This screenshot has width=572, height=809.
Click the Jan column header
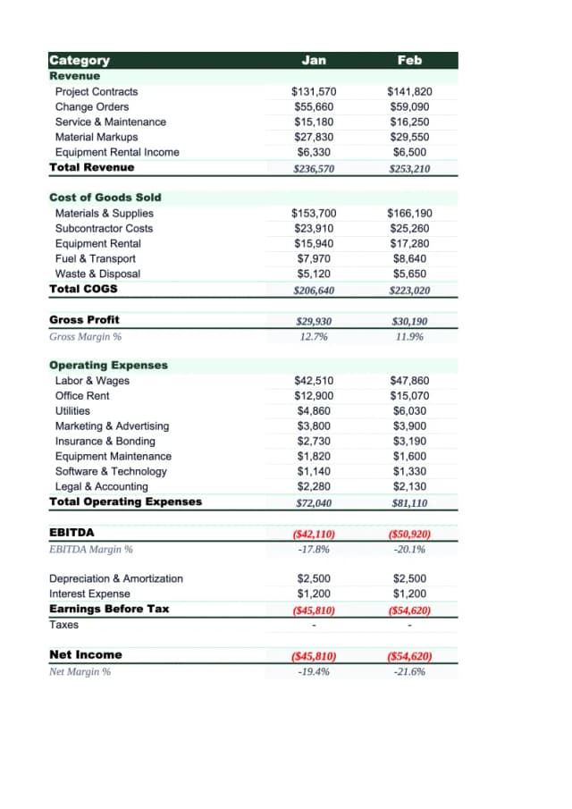[314, 60]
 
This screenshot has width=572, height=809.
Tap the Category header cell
[80, 60]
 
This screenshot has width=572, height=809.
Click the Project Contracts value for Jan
[314, 91]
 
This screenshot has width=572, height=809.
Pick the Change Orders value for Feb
[409, 106]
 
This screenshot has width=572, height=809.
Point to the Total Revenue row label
[92, 167]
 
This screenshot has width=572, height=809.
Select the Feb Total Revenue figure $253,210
[409, 168]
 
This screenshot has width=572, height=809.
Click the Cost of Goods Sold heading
[105, 198]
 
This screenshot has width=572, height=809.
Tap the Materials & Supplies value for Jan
[314, 213]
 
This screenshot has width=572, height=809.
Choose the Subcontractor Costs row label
[104, 228]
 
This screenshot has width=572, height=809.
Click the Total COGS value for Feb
[409, 290]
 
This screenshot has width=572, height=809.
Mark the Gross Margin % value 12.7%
[314, 336]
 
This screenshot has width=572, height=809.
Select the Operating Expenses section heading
[108, 366]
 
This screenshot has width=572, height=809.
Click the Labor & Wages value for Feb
[409, 381]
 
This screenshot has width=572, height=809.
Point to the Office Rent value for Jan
[314, 396]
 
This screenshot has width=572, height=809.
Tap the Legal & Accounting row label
[101, 486]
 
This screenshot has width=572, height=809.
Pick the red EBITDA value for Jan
[314, 534]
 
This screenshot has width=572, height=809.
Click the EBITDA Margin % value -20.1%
[409, 549]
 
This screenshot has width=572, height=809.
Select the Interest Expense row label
[89, 594]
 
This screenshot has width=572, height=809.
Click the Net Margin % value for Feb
[409, 670]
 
